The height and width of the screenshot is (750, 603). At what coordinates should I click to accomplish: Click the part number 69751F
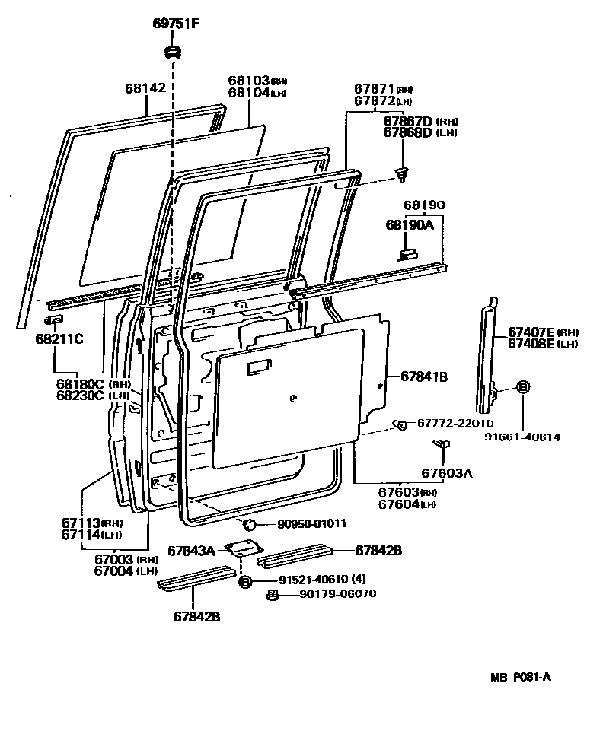174,24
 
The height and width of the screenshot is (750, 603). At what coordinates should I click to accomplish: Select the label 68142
145,87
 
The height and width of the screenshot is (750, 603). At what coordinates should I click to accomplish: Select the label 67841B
424,376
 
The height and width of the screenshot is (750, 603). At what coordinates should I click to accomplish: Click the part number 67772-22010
455,423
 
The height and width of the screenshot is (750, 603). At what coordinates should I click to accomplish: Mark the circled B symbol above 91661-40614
523,387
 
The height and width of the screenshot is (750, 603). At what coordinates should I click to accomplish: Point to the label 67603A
447,473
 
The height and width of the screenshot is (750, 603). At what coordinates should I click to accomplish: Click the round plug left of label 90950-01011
247,523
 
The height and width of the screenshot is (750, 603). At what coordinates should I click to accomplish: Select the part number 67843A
191,549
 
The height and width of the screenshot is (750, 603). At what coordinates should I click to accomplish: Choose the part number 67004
114,570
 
